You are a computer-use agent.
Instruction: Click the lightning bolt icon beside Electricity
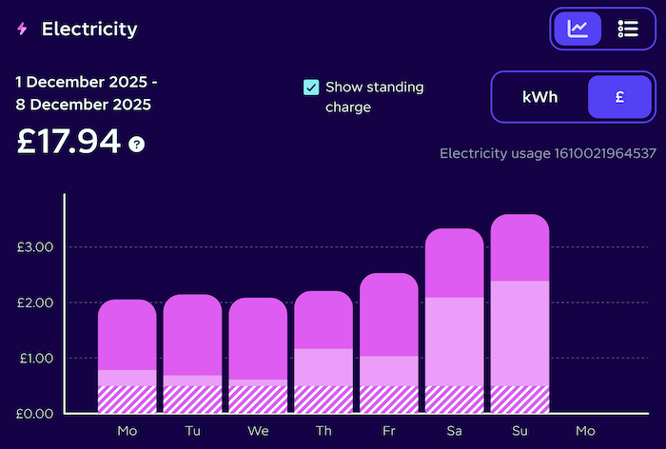[22, 29]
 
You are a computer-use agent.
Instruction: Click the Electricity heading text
[89, 29]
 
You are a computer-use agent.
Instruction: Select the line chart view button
[578, 29]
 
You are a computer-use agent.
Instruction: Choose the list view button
[628, 29]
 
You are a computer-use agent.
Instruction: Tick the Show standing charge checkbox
[311, 88]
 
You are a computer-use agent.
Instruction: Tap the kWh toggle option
[539, 97]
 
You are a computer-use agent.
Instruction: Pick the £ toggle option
[619, 97]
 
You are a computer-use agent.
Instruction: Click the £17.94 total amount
[69, 142]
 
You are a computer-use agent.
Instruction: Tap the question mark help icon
[137, 145]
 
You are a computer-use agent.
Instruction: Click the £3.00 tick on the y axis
[35, 247]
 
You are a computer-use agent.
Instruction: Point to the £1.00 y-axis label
[35, 359]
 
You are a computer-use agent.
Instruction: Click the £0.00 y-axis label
[35, 414]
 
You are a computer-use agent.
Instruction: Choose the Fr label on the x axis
[389, 432]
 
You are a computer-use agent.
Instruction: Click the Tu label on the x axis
[193, 432]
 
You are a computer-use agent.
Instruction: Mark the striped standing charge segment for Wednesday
[258, 400]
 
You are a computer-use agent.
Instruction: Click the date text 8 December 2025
[83, 105]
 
